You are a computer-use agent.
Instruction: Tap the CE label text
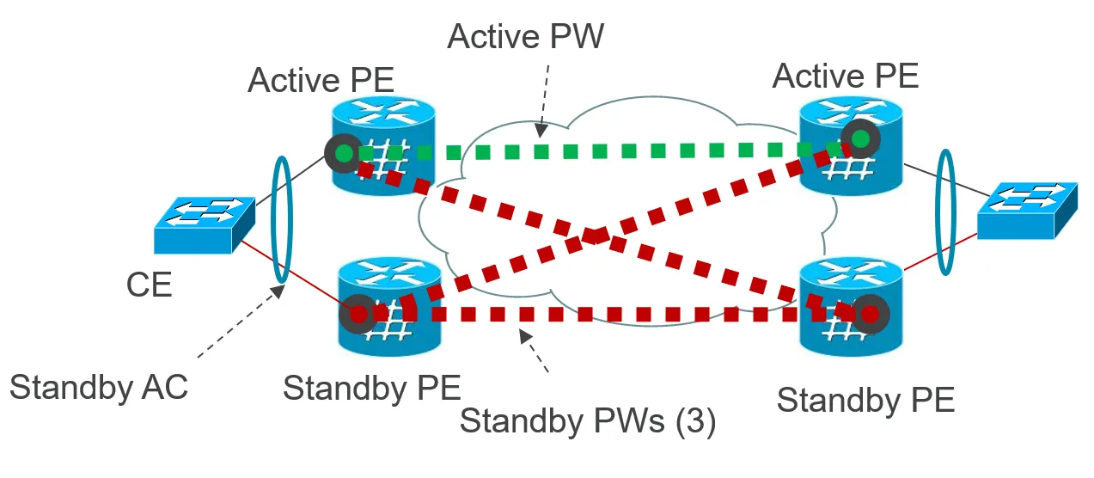coord(149,284)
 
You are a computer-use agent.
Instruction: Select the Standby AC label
coord(99,387)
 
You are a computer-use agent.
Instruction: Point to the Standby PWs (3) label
coord(588,421)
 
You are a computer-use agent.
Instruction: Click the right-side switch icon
coord(1027,211)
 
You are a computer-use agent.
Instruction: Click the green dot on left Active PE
coord(344,154)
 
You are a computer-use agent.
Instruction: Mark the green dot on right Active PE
coord(860,138)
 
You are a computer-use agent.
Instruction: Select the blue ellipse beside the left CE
coord(280,218)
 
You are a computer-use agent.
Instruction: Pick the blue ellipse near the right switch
coord(946,212)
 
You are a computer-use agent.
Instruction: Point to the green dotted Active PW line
coord(602,151)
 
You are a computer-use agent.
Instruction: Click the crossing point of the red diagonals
coord(596,234)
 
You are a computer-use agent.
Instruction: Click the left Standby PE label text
coord(371,388)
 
